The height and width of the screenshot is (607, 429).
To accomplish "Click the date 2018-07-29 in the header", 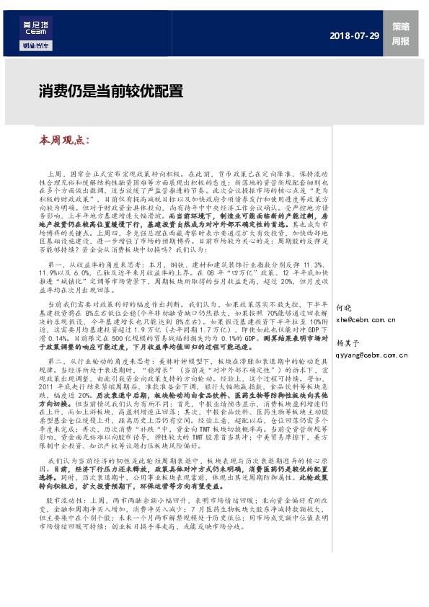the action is point(353,35).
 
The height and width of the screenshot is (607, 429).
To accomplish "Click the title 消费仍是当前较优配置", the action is point(111,92).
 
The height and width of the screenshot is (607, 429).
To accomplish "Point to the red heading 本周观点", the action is point(63,140).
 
